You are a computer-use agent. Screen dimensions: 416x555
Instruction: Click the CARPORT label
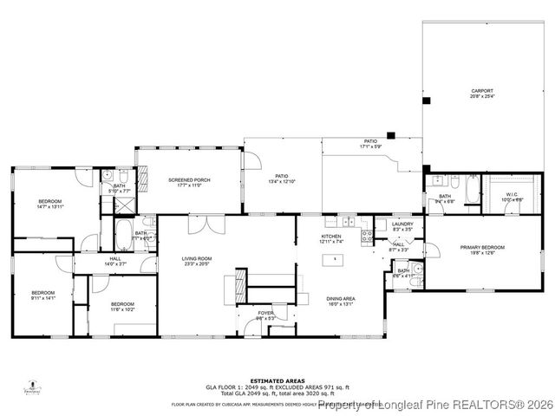(x=481, y=93)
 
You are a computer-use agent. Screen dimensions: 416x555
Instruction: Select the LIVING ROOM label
(x=196, y=260)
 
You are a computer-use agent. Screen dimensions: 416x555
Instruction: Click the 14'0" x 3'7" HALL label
(x=114, y=261)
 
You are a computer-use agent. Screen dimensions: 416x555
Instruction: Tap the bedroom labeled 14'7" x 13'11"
(x=50, y=205)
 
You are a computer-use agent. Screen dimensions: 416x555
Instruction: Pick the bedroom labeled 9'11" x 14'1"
(x=42, y=295)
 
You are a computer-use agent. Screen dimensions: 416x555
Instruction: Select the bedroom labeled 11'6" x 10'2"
(x=121, y=306)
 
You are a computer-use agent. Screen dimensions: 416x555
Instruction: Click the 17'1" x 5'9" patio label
(x=370, y=143)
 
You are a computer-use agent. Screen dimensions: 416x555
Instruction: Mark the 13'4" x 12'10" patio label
(x=281, y=179)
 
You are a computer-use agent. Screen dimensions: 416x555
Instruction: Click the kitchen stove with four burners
(x=367, y=234)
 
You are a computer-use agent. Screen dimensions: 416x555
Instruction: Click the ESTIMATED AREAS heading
(x=277, y=380)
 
